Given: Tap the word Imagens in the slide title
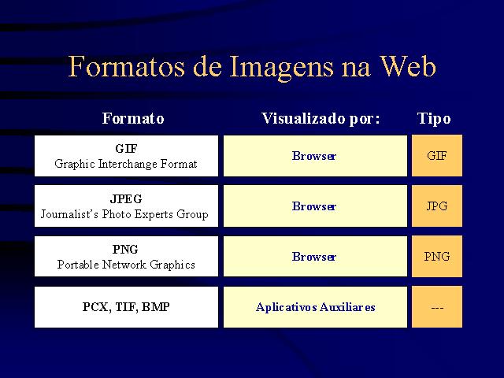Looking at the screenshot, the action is tap(281, 69).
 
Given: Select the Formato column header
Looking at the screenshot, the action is tap(133, 118).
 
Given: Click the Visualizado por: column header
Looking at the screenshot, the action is tap(321, 119).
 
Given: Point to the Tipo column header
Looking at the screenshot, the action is tap(434, 119).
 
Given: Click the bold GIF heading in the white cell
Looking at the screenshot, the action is tap(126, 149).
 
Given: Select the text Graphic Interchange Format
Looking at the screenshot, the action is tap(126, 164).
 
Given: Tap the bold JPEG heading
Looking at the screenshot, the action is tap(126, 199).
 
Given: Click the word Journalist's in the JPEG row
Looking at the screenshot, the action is tap(69, 214).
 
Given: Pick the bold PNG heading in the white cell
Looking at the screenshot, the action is tap(125, 249).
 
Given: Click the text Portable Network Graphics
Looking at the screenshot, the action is tap(126, 265).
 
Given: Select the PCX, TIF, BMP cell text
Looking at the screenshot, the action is tap(126, 306).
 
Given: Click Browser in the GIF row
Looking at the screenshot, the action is tap(314, 156).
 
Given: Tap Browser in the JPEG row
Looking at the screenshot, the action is tap(314, 206).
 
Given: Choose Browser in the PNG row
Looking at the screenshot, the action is tap(314, 257).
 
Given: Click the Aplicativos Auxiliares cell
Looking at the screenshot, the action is tap(315, 307).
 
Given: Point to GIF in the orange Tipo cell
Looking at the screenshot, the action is tap(437, 156).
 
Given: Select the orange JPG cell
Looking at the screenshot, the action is tap(437, 206).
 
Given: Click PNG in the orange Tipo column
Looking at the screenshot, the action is tap(437, 257).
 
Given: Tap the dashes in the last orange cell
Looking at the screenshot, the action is tap(437, 308).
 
